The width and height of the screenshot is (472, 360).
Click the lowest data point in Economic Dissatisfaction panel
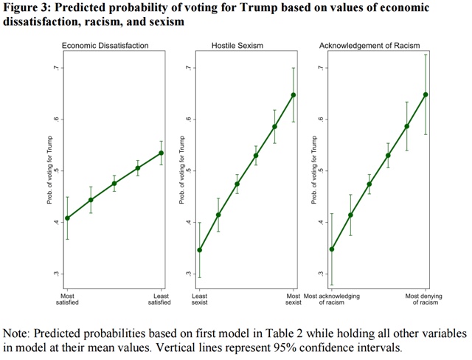coord(67,218)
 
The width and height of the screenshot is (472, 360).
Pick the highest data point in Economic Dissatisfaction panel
coord(161,153)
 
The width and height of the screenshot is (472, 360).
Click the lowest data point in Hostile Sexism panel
coord(199,250)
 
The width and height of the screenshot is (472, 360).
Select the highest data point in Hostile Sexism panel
coord(293,95)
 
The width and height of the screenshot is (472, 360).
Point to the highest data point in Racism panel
coord(426,94)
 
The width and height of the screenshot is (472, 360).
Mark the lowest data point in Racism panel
coord(332,249)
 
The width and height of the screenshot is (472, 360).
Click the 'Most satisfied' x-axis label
coord(67,300)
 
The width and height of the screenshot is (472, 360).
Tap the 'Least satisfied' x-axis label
coord(160,300)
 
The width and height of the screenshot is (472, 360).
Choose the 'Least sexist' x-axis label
coord(199,300)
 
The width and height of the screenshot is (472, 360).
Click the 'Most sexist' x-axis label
coord(293,300)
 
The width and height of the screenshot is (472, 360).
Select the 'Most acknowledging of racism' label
coord(332,300)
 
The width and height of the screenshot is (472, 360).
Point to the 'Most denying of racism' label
coord(426,300)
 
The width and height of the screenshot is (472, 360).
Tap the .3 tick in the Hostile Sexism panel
coord(187,274)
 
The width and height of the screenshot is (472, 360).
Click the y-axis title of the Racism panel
coord(313,171)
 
